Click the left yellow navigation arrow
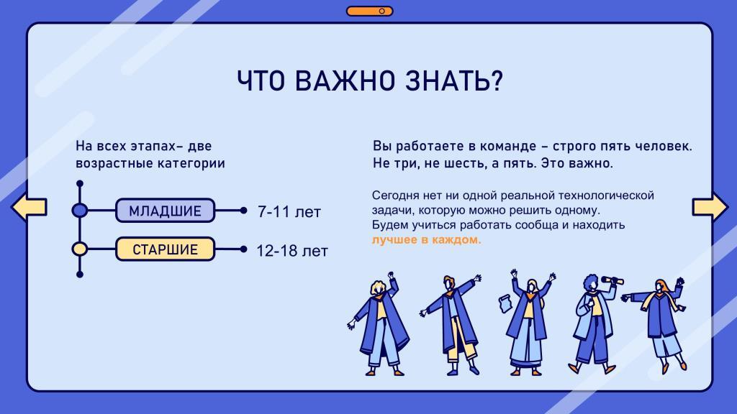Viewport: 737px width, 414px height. click(x=29, y=207)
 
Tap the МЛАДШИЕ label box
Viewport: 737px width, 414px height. click(x=165, y=211)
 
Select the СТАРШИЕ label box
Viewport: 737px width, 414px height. click(x=165, y=249)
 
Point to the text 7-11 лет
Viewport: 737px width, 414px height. click(x=289, y=212)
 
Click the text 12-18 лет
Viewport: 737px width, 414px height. click(x=292, y=251)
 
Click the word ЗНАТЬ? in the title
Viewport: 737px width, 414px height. click(x=454, y=80)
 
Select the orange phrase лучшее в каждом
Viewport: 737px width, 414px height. click(x=426, y=240)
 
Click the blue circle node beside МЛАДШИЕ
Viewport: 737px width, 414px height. click(x=80, y=211)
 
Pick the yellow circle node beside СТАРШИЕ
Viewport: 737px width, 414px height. click(x=80, y=249)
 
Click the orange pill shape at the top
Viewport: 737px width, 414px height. click(x=370, y=11)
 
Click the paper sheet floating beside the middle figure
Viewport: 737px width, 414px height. click(x=505, y=303)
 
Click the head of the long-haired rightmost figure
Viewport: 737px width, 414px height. click(x=661, y=286)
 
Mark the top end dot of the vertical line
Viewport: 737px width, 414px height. click(x=80, y=183)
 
